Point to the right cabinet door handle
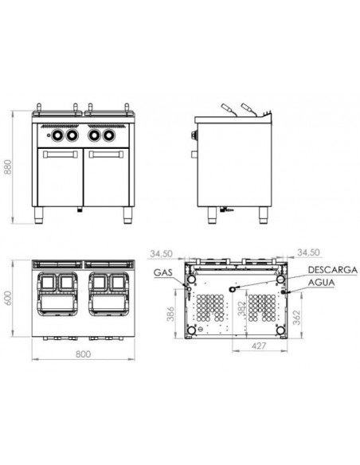(86, 150)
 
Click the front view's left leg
(40, 213)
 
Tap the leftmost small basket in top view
(47, 282)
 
